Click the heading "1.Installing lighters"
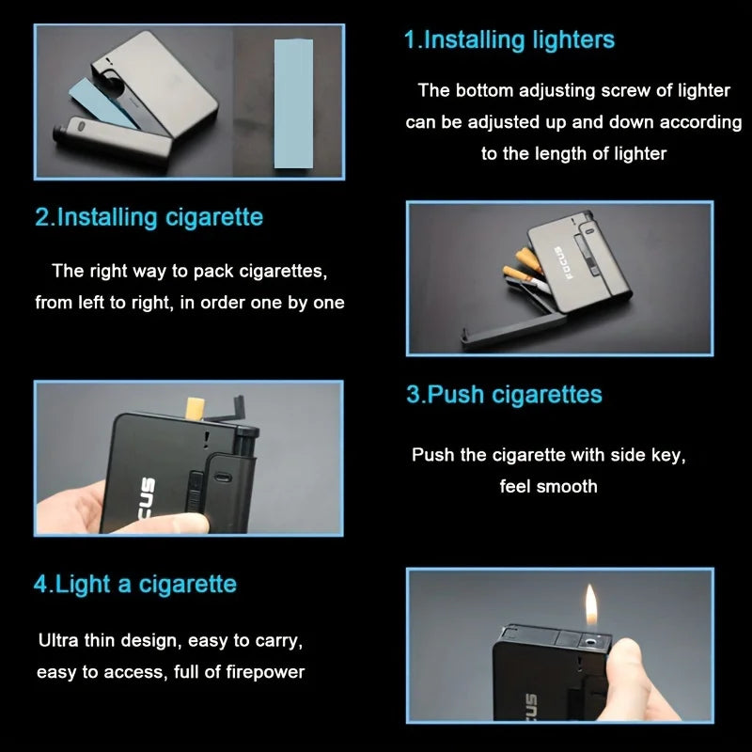pyautogui.click(x=509, y=39)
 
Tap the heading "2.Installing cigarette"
pyautogui.click(x=149, y=218)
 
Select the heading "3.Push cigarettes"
pyautogui.click(x=504, y=395)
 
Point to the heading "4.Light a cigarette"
pyautogui.click(x=135, y=584)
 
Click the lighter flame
pyautogui.click(x=591, y=604)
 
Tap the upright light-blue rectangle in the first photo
pyautogui.click(x=293, y=103)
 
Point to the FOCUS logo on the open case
pyautogui.click(x=564, y=264)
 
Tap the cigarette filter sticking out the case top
pyautogui.click(x=195, y=407)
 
